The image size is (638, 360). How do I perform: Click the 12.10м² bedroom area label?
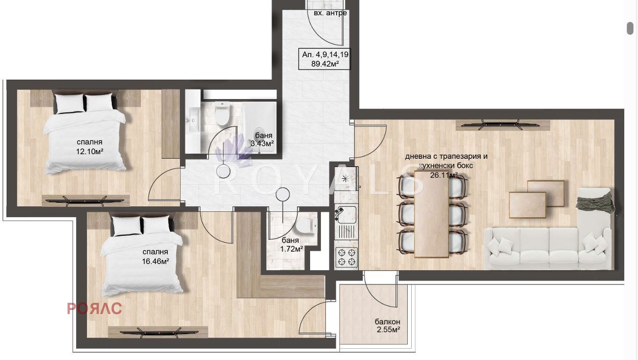(89, 151)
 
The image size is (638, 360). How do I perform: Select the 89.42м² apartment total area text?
(325, 63)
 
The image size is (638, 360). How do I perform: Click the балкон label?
(387, 322)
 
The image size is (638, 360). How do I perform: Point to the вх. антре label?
(330, 13)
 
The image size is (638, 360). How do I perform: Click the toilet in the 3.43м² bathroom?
(222, 113)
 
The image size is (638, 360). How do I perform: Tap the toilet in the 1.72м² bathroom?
(306, 226)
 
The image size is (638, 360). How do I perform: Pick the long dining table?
(432, 213)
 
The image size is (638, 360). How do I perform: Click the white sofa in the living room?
(548, 248)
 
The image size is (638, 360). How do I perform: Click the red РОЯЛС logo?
(94, 308)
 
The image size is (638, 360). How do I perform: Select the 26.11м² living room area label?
(444, 175)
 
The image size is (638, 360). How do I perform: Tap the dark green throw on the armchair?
(595, 201)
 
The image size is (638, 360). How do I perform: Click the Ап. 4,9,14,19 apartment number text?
(325, 55)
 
